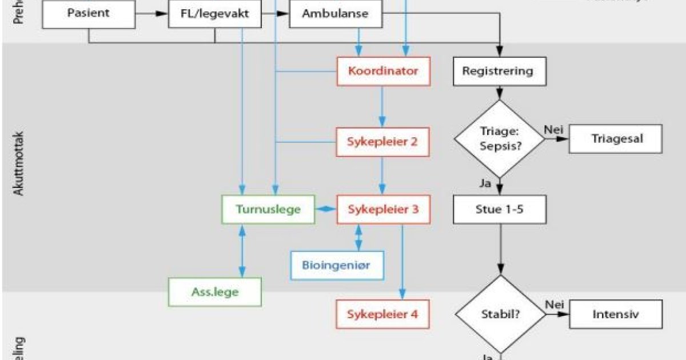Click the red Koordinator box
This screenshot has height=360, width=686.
pyautogui.click(x=383, y=71)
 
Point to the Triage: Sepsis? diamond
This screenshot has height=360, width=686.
pyautogui.click(x=500, y=139)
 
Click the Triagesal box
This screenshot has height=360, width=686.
pyautogui.click(x=616, y=139)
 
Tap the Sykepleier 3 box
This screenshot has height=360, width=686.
pyautogui.click(x=383, y=210)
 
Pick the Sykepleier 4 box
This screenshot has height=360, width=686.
pyautogui.click(x=383, y=314)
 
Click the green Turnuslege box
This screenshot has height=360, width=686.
pyautogui.click(x=268, y=210)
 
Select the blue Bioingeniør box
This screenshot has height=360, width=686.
pyautogui.click(x=337, y=265)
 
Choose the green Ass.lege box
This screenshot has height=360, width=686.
pyautogui.click(x=215, y=292)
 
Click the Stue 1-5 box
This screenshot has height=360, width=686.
pyautogui.click(x=500, y=210)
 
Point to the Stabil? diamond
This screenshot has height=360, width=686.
pyautogui.click(x=500, y=314)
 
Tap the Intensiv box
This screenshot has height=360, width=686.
pyautogui.click(x=616, y=314)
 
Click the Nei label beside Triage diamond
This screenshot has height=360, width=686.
pyautogui.click(x=553, y=130)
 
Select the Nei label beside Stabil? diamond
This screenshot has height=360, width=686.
pyautogui.click(x=553, y=305)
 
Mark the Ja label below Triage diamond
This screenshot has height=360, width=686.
pyautogui.click(x=485, y=184)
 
